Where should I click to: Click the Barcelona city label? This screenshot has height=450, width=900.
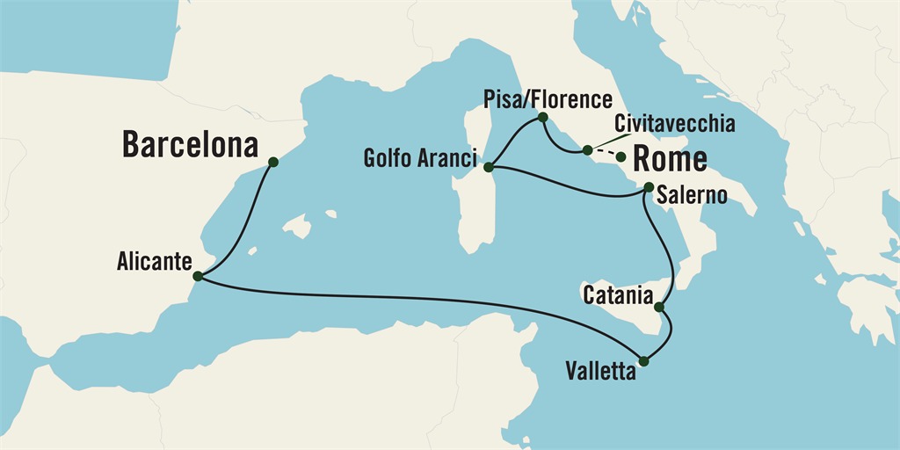pos(191,144)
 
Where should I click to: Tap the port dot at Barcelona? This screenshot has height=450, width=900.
pos(273,162)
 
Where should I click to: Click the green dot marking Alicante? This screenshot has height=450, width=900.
pos(198,276)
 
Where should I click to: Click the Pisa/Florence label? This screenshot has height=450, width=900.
pos(547,98)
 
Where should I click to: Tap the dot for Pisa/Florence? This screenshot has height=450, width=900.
pos(542,117)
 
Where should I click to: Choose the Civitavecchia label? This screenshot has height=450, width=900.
pos(675,124)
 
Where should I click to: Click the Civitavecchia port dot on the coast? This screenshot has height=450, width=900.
pos(587,150)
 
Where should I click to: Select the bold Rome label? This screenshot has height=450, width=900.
pos(670,159)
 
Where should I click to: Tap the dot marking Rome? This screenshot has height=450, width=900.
pos(621,157)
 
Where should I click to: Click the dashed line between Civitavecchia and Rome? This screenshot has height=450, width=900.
pos(605,155)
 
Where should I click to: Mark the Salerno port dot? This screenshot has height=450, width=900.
pos(648,186)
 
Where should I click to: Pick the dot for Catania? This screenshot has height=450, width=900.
pos(659,307)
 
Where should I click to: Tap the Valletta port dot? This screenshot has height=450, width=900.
pos(644,361)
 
